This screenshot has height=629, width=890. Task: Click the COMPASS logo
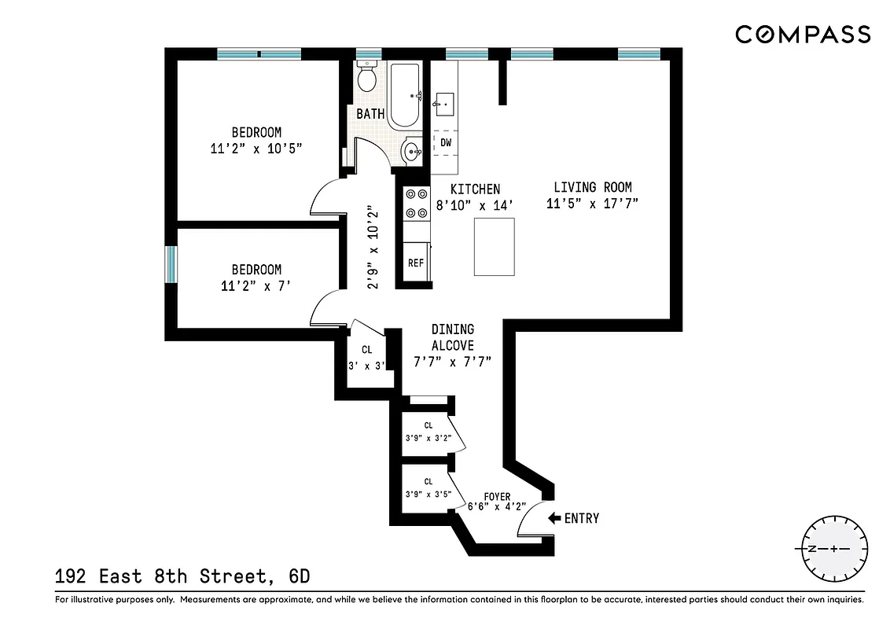click(x=803, y=35)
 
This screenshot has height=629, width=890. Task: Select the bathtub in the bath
click(x=407, y=97)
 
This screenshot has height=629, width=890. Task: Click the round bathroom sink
click(x=411, y=150)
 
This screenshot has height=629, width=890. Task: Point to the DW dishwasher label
click(x=445, y=143)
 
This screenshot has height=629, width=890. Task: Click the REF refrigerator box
click(x=415, y=263)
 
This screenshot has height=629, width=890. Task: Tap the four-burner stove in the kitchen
click(x=415, y=203)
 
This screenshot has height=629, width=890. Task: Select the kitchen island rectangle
click(x=494, y=247)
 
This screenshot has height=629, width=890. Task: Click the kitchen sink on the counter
click(x=444, y=102)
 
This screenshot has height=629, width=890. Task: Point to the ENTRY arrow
click(x=554, y=518)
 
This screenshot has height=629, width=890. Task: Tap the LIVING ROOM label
click(x=592, y=187)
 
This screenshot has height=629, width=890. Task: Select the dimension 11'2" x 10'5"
click(x=256, y=148)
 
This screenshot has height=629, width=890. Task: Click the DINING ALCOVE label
click(x=452, y=337)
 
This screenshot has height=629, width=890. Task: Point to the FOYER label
click(x=497, y=497)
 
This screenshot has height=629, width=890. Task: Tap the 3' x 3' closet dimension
click(x=366, y=366)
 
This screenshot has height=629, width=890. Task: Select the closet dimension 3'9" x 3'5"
click(x=428, y=495)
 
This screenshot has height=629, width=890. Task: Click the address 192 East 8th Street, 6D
click(x=182, y=576)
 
